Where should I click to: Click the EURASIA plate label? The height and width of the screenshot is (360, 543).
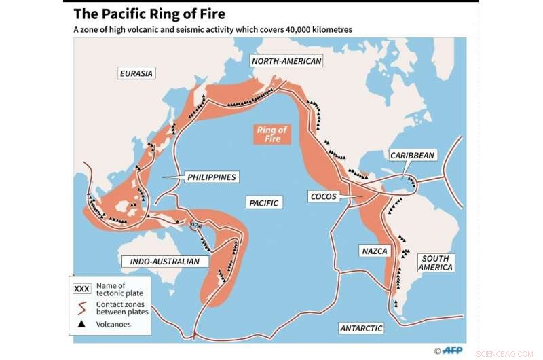136,73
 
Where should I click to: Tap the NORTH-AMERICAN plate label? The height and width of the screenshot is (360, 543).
286,61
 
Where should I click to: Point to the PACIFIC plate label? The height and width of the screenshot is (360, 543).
264,202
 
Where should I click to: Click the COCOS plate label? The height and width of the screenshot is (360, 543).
323,196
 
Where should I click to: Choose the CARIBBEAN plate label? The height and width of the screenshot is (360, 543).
412,155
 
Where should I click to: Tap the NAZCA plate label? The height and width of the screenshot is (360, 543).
375,251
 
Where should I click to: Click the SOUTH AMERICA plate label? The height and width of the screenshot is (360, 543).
436,263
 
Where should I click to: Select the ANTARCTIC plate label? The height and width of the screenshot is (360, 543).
361,328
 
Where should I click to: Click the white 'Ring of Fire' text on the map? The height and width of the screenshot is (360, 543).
272,134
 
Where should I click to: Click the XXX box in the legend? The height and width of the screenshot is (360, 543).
82,289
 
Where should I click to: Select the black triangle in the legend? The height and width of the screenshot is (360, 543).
82,325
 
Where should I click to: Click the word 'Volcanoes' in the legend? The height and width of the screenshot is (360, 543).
114,325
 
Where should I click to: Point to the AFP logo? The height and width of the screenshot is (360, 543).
452,350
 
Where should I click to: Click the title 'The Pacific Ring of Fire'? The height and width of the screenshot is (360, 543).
149,14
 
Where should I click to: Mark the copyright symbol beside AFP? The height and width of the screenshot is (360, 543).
437,350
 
